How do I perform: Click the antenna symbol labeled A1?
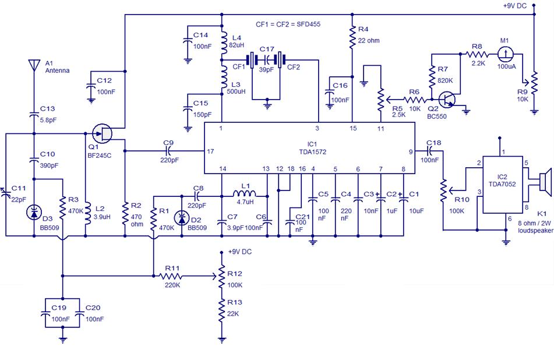coord(33,65)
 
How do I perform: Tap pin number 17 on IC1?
coord(210,151)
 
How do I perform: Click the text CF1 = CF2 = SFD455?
coord(288,24)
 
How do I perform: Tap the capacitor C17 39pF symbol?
coord(267,60)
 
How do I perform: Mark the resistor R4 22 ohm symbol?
coord(352,39)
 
